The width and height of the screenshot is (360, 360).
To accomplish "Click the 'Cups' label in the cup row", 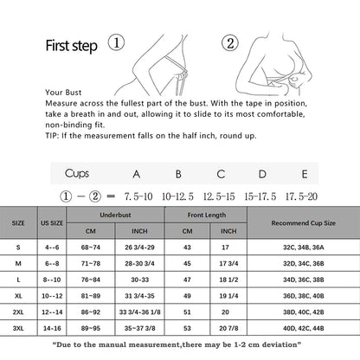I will click(77, 173).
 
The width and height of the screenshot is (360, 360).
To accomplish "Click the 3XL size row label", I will click(18, 328).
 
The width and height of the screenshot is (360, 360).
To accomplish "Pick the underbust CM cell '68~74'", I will click(90, 247).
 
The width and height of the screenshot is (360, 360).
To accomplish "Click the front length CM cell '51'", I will click(188, 312).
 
